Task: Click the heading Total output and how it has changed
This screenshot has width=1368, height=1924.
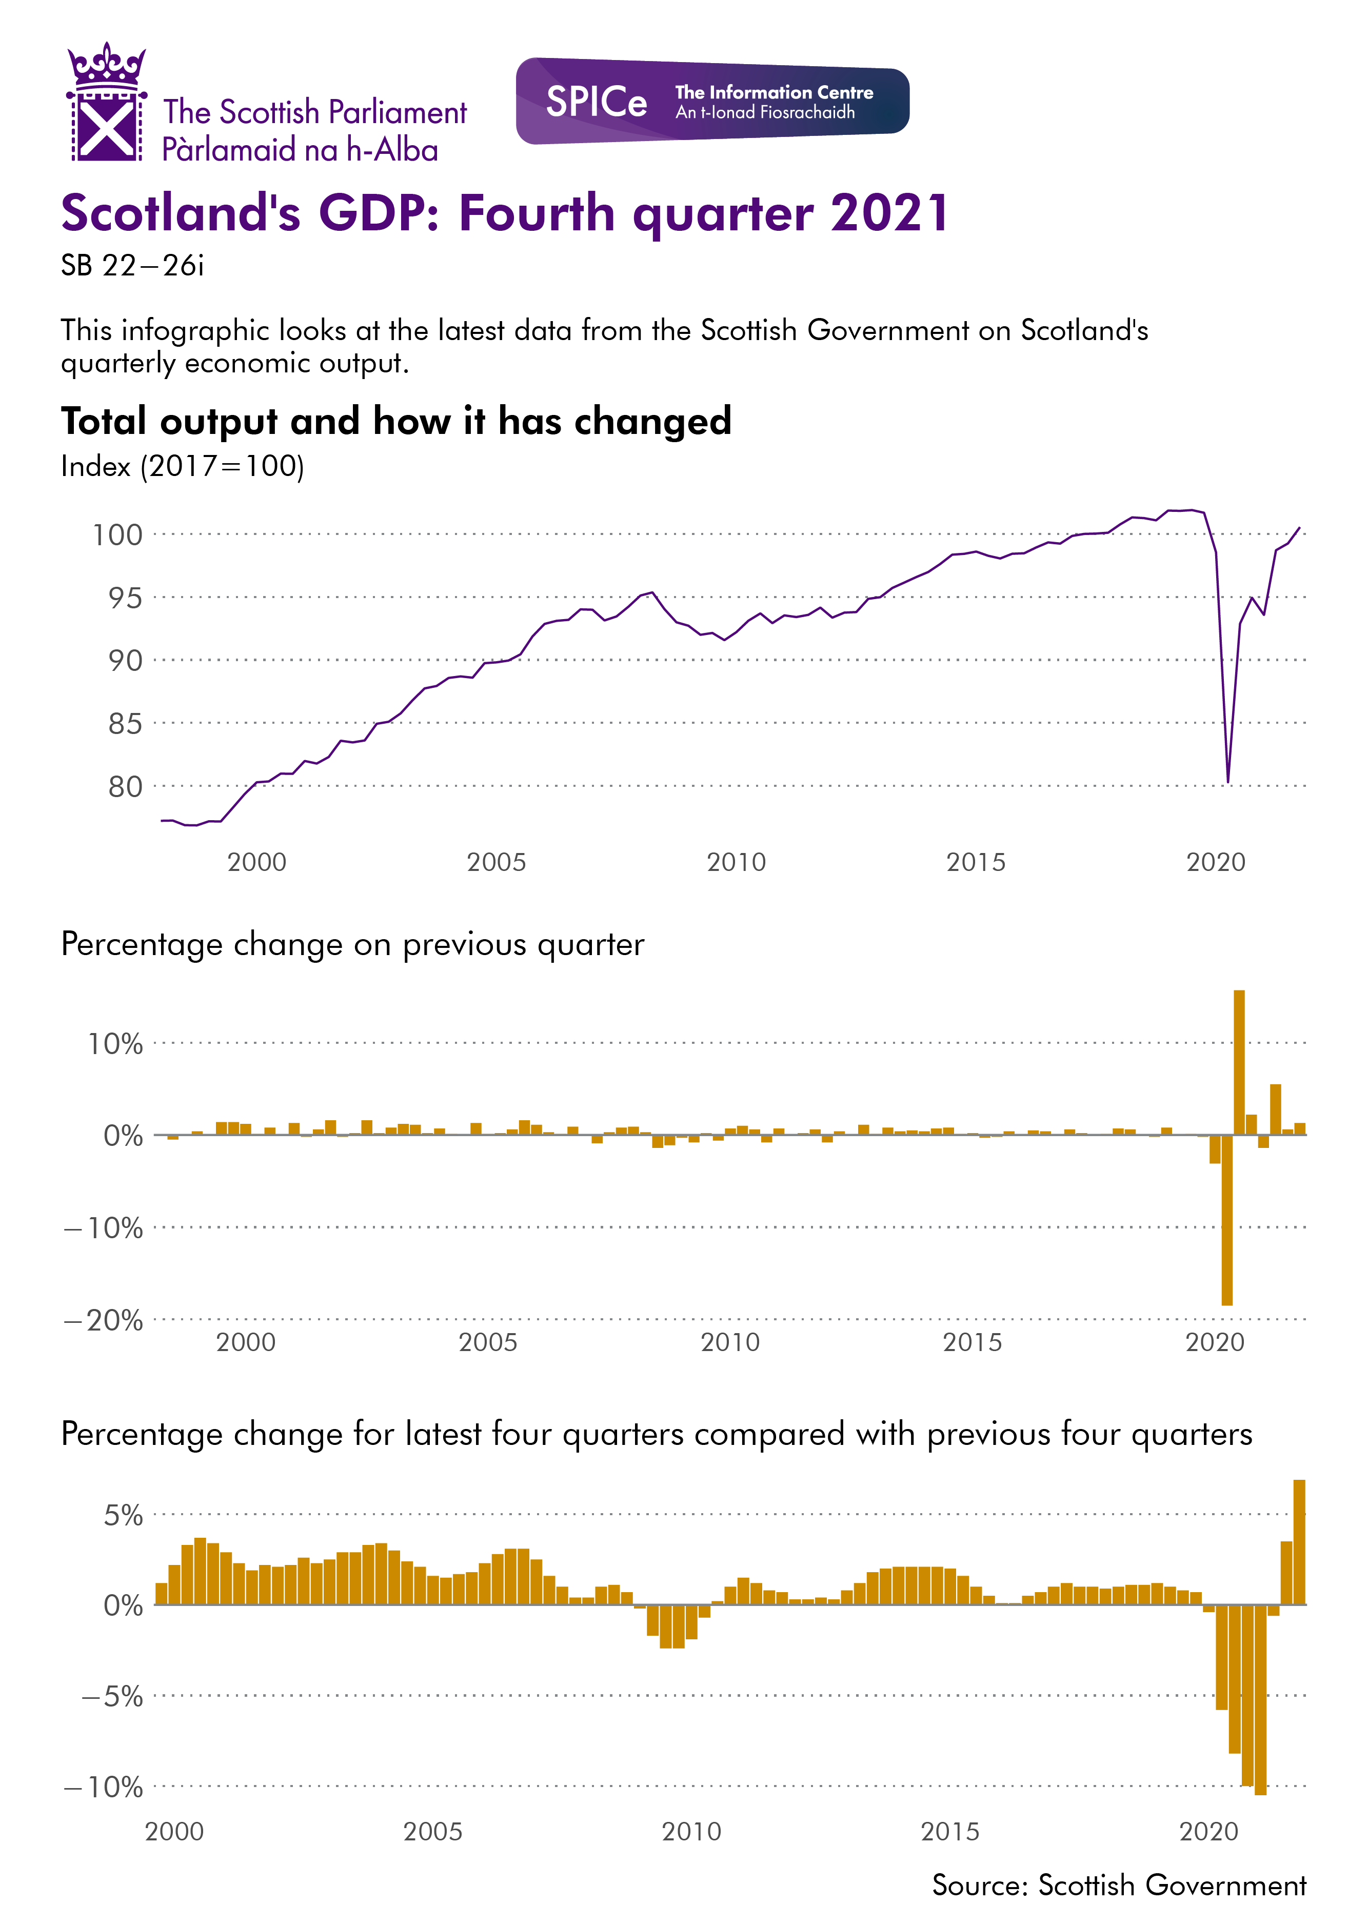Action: point(396,421)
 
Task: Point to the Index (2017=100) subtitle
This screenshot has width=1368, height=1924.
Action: point(182,466)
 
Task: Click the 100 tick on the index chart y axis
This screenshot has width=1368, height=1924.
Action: point(117,534)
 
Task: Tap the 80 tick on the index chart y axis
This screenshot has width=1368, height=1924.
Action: point(125,786)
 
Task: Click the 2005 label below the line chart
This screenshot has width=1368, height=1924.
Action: point(496,862)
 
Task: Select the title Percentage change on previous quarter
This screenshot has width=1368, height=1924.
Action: point(352,944)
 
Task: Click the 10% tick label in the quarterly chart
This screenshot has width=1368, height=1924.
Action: point(115,1044)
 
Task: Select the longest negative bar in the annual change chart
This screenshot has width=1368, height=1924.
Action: point(1260,1700)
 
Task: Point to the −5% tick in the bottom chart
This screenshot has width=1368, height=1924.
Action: point(112,1696)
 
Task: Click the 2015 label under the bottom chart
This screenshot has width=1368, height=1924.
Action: point(950,1831)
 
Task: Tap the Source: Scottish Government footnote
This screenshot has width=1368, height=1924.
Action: point(1119,1885)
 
